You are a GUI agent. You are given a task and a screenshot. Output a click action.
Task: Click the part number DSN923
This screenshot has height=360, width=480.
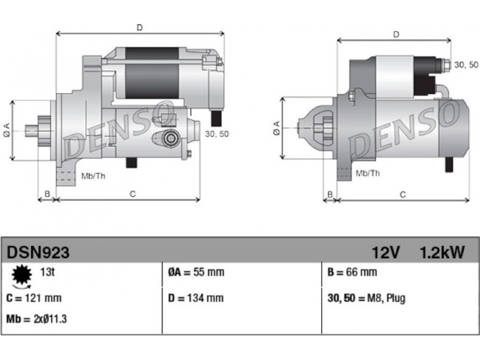(38, 253)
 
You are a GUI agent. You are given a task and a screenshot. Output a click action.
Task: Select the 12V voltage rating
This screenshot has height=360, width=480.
(386, 253)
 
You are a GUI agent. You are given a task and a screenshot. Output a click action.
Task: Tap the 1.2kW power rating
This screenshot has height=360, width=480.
(442, 253)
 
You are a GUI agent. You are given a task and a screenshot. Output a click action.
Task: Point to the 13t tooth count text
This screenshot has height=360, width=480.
(47, 272)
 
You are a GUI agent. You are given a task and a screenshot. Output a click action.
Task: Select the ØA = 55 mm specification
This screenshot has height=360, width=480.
(196, 272)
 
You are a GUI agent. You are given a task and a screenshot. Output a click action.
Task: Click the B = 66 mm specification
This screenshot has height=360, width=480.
(352, 272)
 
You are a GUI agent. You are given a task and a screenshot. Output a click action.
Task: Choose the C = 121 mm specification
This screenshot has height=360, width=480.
(34, 298)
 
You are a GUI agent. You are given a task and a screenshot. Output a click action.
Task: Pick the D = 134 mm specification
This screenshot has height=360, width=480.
(196, 298)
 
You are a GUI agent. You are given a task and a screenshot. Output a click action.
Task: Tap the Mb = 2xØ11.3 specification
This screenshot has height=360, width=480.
(37, 319)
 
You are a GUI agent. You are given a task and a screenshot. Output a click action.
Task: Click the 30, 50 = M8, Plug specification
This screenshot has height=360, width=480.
(367, 298)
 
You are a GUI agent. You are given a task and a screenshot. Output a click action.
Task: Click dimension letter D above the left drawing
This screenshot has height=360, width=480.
(140, 28)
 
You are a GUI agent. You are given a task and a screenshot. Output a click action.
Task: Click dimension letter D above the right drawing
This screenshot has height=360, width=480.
(396, 35)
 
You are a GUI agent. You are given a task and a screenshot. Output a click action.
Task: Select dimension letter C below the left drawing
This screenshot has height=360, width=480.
(133, 194)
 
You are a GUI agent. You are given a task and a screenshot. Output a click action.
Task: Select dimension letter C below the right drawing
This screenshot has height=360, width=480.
(403, 194)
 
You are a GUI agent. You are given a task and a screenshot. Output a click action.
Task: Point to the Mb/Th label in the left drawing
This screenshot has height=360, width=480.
(93, 176)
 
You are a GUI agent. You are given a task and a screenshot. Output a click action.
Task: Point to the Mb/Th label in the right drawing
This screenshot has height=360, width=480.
(368, 173)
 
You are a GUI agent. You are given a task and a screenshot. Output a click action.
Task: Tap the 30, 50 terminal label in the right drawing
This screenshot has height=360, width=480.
(466, 65)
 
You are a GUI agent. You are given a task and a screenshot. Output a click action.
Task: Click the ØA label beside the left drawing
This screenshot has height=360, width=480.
(7, 130)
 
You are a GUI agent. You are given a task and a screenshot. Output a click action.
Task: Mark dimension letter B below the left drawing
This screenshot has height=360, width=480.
(47, 194)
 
